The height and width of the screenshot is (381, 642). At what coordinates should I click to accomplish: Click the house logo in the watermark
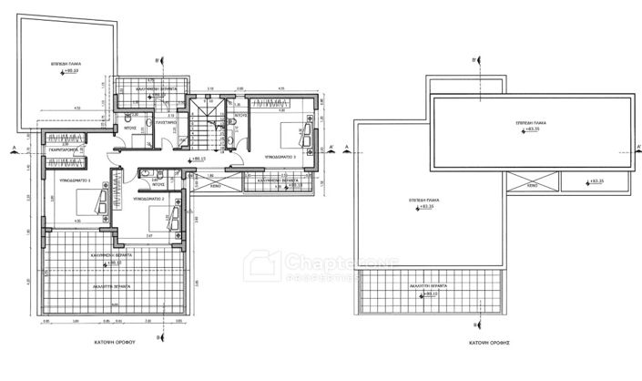[266, 265]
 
